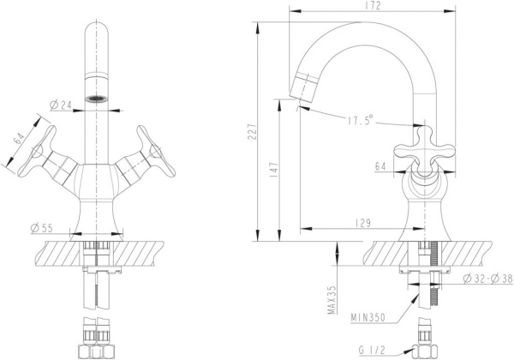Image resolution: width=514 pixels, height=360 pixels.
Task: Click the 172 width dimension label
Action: (372, 6)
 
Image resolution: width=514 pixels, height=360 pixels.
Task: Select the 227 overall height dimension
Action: (252, 132)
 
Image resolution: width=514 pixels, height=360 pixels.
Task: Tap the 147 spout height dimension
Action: (274, 171)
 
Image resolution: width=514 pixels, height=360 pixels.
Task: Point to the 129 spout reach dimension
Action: (363, 223)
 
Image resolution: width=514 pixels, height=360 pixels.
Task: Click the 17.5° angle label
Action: (361, 120)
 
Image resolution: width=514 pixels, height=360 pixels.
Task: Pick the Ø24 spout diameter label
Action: (61, 105)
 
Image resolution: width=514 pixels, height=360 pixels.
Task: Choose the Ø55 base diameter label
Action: (42, 228)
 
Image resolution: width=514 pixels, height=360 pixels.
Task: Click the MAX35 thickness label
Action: (332, 300)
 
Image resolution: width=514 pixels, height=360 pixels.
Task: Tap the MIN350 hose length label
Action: (368, 317)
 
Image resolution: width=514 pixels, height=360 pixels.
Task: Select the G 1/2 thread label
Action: (372, 351)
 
